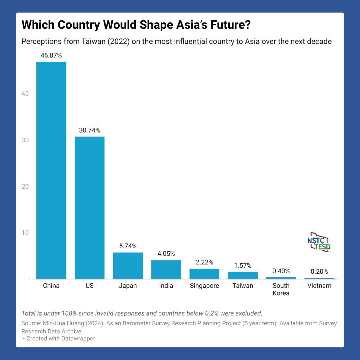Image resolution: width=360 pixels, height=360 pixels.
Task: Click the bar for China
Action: (51, 170)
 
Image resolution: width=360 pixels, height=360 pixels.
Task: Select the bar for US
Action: (89, 207)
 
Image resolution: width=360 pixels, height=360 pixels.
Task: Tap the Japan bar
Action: (128, 265)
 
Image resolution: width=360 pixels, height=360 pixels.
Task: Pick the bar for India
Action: (166, 269)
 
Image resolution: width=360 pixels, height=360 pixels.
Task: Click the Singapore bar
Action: (204, 274)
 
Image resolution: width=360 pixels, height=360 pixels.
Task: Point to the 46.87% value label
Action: (51, 56)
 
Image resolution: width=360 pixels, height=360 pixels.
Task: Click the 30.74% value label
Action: (89, 130)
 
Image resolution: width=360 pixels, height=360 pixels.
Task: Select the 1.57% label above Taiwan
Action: (242, 266)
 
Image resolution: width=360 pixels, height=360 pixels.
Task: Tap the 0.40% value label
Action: (281, 271)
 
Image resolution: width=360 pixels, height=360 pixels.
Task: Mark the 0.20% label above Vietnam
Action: (319, 272)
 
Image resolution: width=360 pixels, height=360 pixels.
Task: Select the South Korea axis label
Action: (281, 289)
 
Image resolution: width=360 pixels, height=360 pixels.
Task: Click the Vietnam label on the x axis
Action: (319, 286)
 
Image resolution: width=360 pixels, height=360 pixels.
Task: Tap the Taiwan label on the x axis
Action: (243, 286)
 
